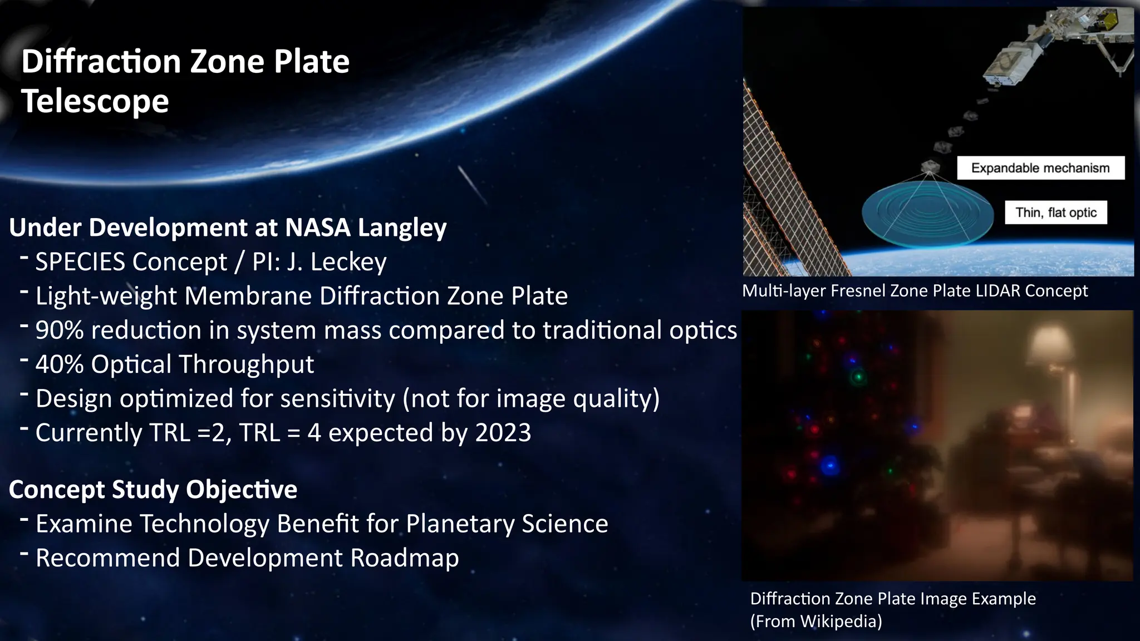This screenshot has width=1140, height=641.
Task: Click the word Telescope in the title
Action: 95,101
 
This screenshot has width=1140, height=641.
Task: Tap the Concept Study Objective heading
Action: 153,490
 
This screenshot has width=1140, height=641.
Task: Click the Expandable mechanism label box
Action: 1040,168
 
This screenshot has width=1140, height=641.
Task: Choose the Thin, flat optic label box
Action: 1055,213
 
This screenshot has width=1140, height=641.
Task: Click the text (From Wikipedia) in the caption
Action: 816,621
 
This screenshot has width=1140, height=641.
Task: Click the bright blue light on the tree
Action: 829,465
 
